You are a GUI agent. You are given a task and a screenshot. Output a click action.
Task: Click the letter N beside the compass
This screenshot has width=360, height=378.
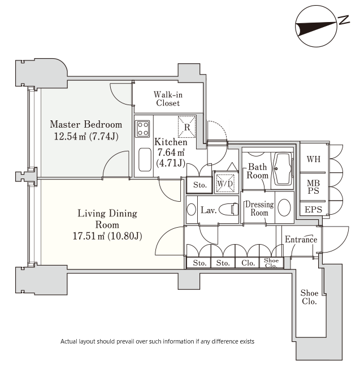coord(344,20)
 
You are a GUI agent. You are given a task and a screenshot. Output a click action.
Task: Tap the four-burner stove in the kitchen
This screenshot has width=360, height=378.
coord(142,129)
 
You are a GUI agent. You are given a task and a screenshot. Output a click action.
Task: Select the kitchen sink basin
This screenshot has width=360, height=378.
coord(145,159)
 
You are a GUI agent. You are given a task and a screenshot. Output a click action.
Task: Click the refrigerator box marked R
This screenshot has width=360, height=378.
coord(186,127)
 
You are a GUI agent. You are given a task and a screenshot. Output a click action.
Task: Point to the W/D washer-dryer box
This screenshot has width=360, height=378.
coord(225,184)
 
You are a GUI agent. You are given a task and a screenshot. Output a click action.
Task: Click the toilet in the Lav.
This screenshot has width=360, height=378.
coord(228,208)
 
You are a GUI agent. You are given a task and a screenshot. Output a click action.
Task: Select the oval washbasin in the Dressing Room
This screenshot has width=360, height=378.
coord(284,207)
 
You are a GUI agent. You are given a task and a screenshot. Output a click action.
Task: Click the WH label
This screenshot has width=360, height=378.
coord(314,159)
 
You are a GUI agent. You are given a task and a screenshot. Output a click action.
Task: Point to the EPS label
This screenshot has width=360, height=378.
coord(313,209)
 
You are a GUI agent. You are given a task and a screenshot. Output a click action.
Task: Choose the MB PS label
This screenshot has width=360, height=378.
coord(313,187)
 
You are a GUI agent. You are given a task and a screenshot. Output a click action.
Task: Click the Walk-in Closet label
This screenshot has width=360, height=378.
coord(168,99)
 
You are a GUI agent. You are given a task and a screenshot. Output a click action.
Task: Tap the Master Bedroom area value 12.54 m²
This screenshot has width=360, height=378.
coord(70,136)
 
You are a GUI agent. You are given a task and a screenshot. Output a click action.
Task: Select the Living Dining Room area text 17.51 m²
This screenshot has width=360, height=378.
coord(89,236)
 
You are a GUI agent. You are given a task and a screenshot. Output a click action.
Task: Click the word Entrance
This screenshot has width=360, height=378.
coord(301,240)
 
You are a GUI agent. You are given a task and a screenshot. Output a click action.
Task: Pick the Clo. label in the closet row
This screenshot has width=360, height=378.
coord(248,263)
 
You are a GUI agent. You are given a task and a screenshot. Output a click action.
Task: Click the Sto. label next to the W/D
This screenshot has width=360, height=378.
coord(200,185)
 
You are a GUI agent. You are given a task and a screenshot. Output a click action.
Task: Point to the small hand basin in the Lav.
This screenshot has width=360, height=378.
coord(191,209)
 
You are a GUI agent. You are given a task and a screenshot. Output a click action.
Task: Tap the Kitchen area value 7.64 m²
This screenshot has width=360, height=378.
coord(171,153)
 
